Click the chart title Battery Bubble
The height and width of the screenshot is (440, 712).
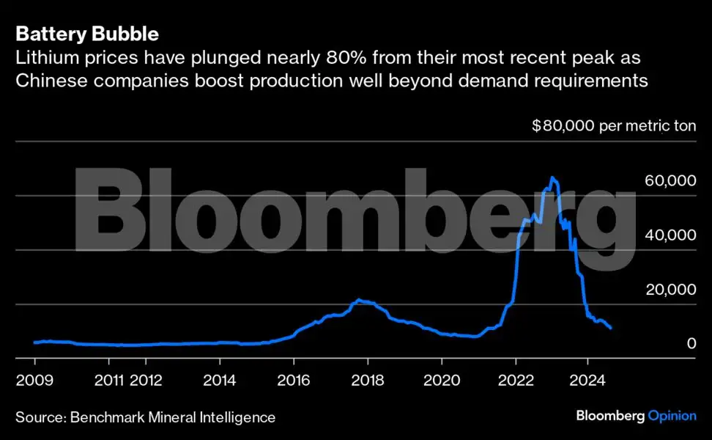point(87,34)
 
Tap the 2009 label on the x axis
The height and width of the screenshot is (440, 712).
point(34,381)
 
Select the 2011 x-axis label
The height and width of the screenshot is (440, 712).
point(108,381)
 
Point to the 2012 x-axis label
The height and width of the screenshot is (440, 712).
point(146,381)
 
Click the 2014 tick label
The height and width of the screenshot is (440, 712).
point(219,381)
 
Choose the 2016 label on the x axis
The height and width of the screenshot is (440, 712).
point(293,381)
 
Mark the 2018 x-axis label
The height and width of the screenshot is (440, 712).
point(367,381)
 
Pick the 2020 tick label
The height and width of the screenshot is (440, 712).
point(441,381)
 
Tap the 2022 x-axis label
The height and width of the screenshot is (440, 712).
point(516,381)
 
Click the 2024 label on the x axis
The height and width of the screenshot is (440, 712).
point(589,381)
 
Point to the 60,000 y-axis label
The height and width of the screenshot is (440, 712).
point(670,181)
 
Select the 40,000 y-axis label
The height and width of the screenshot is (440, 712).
point(670,235)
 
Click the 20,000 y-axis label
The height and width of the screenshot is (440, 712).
point(670,290)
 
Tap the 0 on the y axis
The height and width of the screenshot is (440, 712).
point(691,343)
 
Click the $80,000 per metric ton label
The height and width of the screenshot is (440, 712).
point(613,126)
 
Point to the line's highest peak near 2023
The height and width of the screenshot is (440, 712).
point(552,177)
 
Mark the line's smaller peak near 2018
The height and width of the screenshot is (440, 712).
point(358,300)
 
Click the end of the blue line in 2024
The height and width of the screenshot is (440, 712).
point(611,328)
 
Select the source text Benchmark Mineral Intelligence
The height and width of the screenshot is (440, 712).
point(173,417)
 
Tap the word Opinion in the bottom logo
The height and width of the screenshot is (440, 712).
point(672,416)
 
